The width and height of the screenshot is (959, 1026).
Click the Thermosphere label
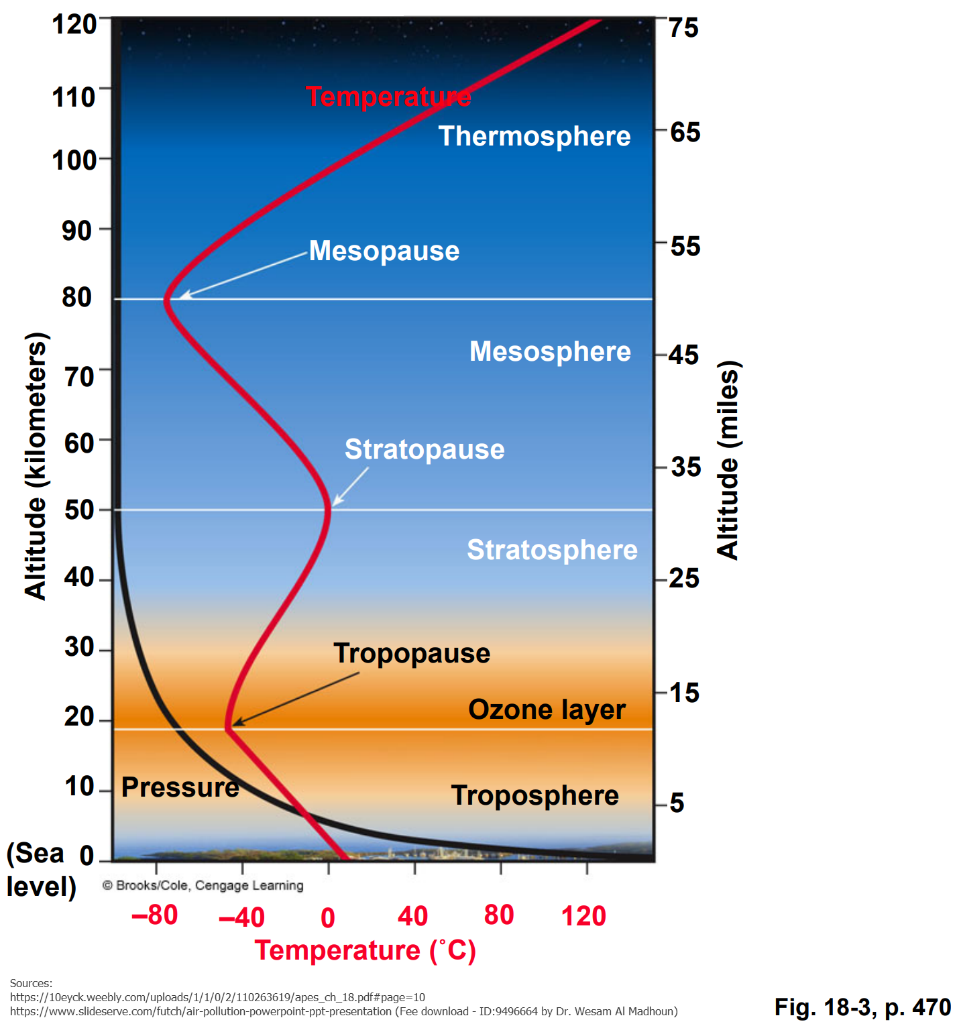point(534,136)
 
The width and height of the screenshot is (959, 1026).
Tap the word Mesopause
point(384,251)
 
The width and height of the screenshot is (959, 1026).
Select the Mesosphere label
point(550,351)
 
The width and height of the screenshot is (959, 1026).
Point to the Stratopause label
point(425,449)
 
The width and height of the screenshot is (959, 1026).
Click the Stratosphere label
point(552,550)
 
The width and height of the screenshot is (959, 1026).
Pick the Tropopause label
point(412,653)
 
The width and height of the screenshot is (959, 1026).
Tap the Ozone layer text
point(547,709)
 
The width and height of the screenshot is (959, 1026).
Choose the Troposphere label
point(534,795)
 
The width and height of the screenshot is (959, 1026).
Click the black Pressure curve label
point(180,787)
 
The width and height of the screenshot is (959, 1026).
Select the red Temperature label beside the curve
point(388,97)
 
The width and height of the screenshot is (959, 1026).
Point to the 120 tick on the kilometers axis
point(74,25)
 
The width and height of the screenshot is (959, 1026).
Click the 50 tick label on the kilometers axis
point(79,510)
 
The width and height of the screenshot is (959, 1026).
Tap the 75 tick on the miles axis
point(683,28)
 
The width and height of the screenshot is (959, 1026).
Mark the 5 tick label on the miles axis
point(677,803)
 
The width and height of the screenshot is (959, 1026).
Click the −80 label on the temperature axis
point(155,915)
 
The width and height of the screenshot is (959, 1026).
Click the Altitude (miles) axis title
point(728,460)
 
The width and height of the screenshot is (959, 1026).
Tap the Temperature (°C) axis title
point(365,950)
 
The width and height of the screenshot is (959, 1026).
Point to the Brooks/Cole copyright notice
point(203,885)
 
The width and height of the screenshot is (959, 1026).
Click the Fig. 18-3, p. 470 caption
point(862,1007)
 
